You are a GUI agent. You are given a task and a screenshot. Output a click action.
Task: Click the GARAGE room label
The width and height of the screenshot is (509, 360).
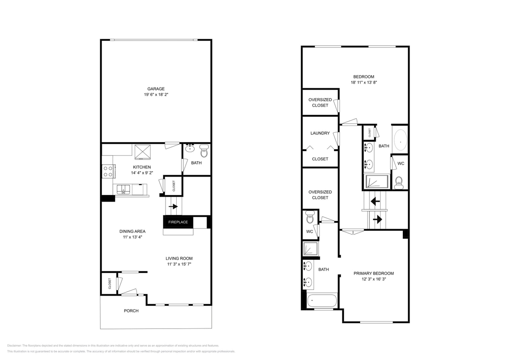coord(156,89)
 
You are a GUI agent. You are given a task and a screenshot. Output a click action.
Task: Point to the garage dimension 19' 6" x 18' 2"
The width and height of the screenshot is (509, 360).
coord(156,95)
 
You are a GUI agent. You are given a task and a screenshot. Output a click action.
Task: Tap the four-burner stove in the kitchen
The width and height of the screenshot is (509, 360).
coord(108,171)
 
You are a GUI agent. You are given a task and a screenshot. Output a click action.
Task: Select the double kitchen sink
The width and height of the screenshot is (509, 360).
coord(124,189)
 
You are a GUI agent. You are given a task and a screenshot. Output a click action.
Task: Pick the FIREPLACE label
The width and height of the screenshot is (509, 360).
coord(178,222)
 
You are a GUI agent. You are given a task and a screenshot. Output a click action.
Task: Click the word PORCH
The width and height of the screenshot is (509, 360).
coord(131,311)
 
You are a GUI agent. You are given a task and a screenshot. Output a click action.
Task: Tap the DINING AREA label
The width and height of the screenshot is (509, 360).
coord(132,231)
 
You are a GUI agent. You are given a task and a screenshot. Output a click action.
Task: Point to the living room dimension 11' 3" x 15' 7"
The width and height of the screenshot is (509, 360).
coord(179,264)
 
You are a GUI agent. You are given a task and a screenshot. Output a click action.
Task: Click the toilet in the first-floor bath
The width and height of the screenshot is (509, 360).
coord(204,151)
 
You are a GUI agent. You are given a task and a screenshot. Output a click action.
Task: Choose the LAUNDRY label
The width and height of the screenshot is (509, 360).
coord(320,133)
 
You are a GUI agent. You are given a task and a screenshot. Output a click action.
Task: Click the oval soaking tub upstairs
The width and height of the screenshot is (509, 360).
coord(400,139)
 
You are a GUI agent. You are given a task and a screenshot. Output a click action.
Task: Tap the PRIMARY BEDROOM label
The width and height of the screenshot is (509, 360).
coord(373,273)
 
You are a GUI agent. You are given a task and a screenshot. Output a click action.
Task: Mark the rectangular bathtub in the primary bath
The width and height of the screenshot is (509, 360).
coord(322,300)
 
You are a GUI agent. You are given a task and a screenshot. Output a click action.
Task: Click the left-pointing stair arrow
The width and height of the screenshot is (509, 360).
coord(375,200)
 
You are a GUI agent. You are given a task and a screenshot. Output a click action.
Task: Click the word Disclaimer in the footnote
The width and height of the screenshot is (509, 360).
coord(14,345)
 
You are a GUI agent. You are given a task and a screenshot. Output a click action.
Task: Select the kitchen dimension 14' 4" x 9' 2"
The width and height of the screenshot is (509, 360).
coord(142,173)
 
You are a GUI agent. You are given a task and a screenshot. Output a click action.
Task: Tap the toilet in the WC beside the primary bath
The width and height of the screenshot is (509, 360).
coord(310,219)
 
